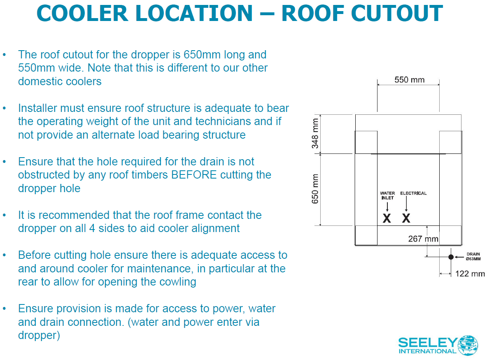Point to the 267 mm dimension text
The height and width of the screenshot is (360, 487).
pyautogui.click(x=423, y=239)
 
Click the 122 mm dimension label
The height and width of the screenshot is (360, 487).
pyautogui.click(x=470, y=274)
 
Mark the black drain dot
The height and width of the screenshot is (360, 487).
pyautogui.click(x=451, y=257)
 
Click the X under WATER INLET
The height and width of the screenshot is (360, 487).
pyautogui.click(x=387, y=218)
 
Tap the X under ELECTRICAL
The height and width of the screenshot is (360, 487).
pyautogui.click(x=406, y=218)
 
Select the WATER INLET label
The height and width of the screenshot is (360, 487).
pyautogui.click(x=387, y=195)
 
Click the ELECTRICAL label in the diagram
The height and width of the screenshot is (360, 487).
pyautogui.click(x=413, y=193)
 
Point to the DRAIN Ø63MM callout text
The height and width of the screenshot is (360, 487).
pyautogui.click(x=473, y=257)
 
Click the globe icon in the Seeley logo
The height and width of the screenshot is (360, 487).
pyautogui.click(x=467, y=345)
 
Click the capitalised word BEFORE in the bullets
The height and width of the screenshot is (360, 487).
pyautogui.click(x=193, y=175)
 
